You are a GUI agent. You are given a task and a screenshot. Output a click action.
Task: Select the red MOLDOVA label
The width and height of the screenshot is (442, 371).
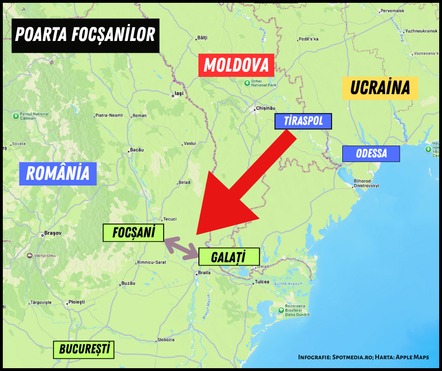(x=236, y=65)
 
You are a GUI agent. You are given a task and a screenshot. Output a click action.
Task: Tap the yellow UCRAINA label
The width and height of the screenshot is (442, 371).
(x=380, y=88)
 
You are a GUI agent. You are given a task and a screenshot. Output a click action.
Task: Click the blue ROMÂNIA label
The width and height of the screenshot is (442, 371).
(x=58, y=173)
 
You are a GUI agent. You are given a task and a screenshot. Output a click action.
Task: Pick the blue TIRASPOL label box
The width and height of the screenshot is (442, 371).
(x=303, y=121)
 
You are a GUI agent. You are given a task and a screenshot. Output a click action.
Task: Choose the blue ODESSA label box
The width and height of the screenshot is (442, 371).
(x=371, y=153)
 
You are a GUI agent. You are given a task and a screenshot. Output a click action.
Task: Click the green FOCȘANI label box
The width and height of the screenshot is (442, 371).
(x=134, y=233)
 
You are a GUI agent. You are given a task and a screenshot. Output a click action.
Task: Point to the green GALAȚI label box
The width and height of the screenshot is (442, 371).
(x=229, y=257)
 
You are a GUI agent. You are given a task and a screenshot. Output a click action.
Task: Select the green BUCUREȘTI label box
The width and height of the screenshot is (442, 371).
(x=84, y=349)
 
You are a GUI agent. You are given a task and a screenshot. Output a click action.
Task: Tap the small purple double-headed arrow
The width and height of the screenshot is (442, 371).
(x=181, y=247)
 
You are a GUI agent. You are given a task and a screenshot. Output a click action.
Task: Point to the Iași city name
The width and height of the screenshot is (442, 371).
(x=179, y=94)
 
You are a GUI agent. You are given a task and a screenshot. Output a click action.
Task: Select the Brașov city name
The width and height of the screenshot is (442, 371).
(x=50, y=233)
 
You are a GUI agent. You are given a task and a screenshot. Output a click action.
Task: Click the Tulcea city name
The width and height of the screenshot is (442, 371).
(x=262, y=282)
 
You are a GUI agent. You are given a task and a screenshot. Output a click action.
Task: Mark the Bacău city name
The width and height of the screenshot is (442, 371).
(x=136, y=150)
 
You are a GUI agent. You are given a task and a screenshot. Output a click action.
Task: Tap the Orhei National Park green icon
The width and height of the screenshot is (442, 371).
(x=247, y=83)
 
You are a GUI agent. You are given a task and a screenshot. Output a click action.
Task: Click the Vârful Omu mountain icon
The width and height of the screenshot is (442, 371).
(x=30, y=255)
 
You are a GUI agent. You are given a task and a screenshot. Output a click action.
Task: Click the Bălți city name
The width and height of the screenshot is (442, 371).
(x=202, y=37)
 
